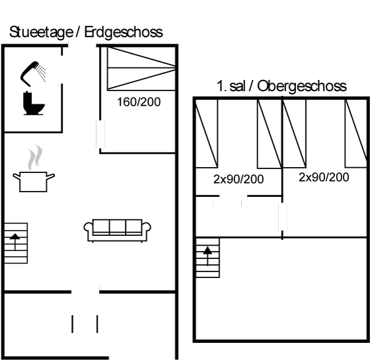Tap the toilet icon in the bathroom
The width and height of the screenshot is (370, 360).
(34, 103)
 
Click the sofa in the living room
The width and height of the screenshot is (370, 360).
(118, 231)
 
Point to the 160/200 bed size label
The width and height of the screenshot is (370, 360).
(139, 102)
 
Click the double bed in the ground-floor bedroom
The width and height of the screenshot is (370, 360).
(141, 69)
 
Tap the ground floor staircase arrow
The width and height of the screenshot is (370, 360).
(15, 242)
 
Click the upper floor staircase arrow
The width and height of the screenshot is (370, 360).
(207, 256)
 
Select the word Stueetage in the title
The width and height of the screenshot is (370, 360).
(41, 32)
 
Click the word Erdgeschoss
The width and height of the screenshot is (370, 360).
(124, 32)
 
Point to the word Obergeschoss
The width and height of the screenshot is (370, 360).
(302, 86)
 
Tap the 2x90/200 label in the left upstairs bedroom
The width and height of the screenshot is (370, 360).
(239, 179)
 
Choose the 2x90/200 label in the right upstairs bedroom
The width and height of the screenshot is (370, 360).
(324, 177)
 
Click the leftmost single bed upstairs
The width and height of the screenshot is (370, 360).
(206, 133)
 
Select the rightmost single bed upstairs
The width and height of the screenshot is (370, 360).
(357, 133)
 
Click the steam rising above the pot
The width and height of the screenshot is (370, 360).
(35, 157)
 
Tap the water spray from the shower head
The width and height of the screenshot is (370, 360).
(42, 72)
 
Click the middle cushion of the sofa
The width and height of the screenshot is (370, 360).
(118, 227)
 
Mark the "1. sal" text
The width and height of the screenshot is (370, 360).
(231, 86)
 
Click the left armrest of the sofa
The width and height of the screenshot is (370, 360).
(88, 229)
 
